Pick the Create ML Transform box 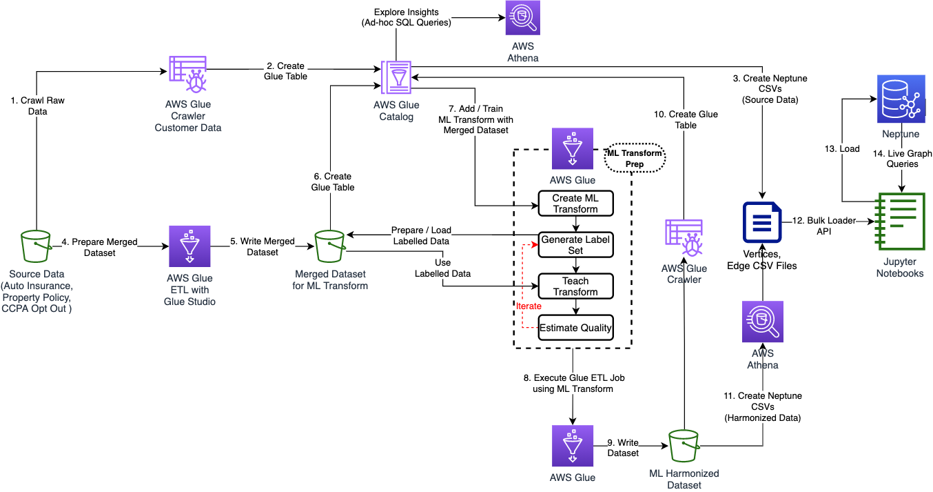(575, 204)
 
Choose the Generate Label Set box (575, 245)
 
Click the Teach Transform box (575, 286)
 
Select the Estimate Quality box (575, 328)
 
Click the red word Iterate (529, 306)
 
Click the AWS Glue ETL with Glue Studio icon (189, 246)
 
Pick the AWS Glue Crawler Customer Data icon (189, 75)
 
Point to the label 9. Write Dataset (623, 447)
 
